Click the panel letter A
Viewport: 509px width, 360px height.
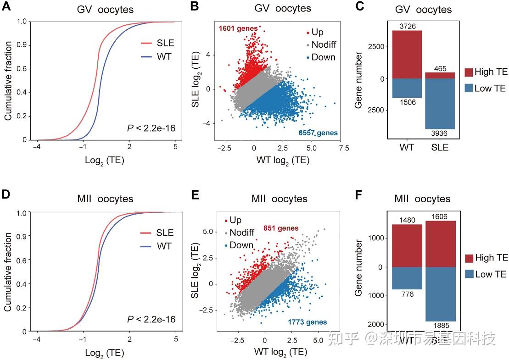pos(7,8)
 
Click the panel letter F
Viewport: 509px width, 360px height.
pos(360,198)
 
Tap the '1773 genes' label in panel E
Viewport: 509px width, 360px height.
pos(307,322)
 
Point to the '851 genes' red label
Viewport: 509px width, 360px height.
pos(281,228)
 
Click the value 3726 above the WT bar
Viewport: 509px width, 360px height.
pos(407,26)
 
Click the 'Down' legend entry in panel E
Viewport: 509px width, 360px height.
pos(241,245)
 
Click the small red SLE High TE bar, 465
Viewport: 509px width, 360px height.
pos(440,75)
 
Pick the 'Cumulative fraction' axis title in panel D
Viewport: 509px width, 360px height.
pos(9,271)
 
